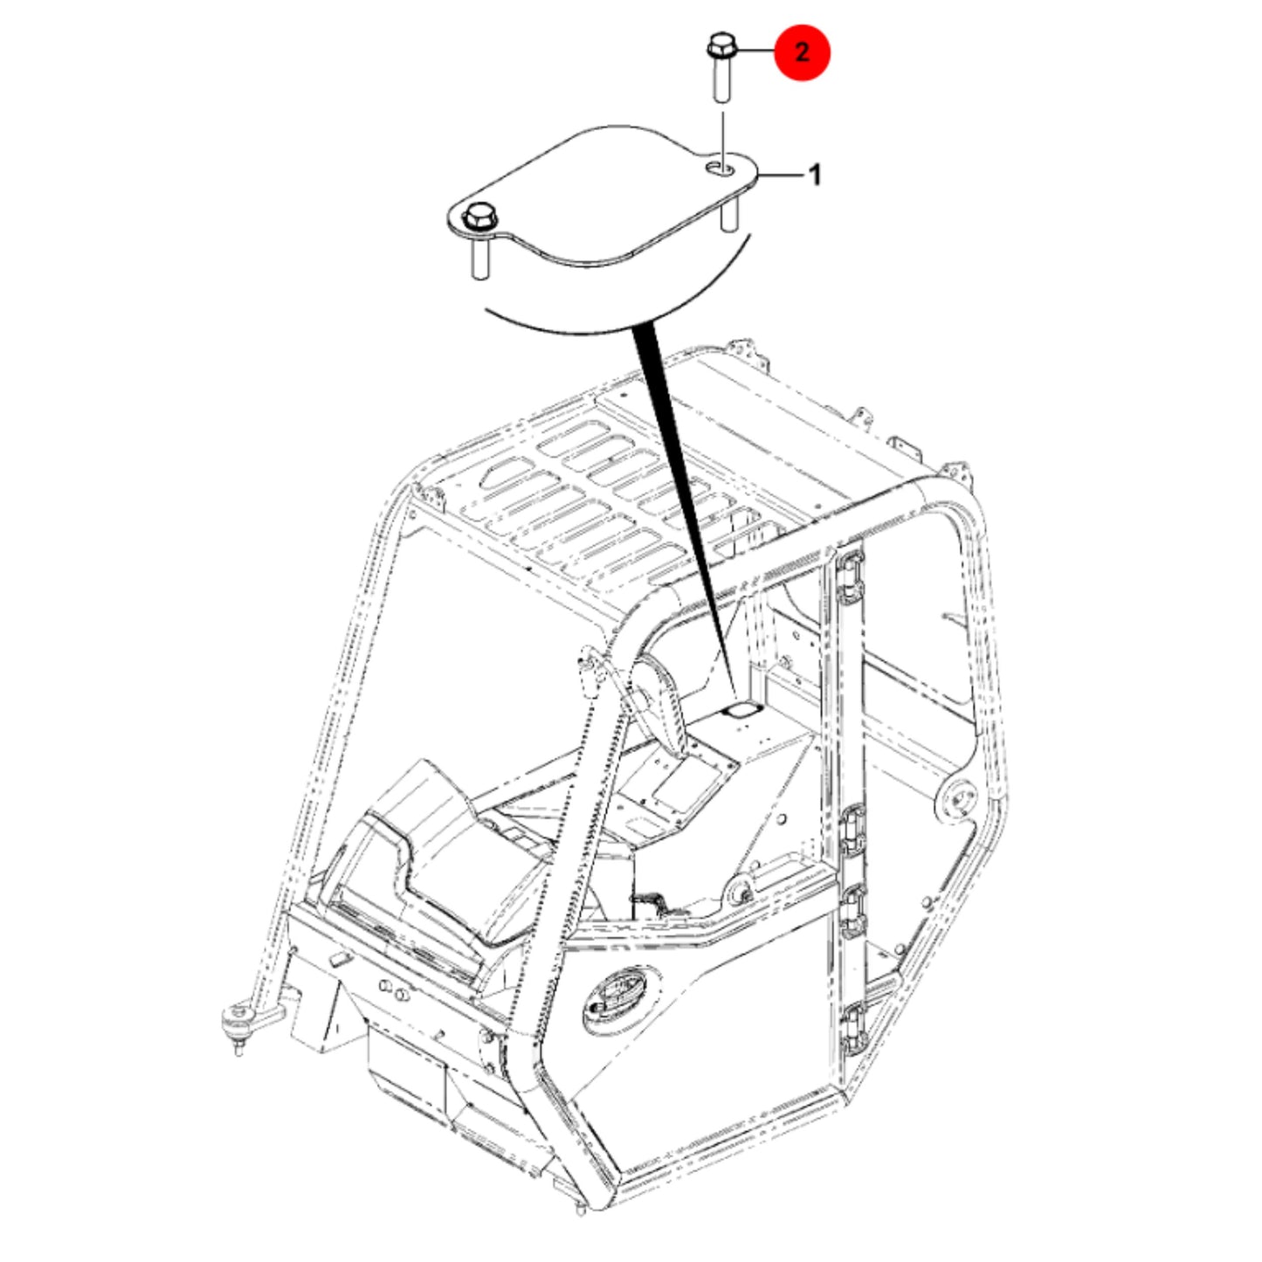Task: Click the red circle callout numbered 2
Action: click(802, 52)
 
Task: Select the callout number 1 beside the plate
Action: click(815, 175)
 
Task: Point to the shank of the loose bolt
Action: click(721, 79)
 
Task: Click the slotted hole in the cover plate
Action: click(719, 169)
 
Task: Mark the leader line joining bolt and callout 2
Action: click(756, 51)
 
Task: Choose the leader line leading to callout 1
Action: click(782, 175)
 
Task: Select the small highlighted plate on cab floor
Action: click(740, 711)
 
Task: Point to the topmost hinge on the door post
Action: click(850, 576)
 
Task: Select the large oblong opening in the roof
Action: click(507, 473)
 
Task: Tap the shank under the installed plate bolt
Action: click(479, 259)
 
